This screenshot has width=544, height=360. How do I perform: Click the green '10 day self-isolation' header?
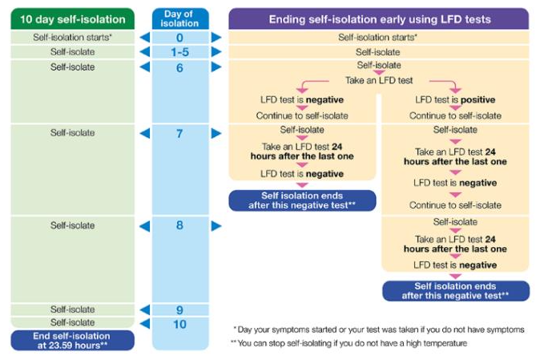pos(73,18)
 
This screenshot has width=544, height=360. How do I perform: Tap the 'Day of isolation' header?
pos(180,18)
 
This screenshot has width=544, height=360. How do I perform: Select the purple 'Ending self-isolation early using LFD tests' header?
pos(379,18)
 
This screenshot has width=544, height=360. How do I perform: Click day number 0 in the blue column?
pos(179,38)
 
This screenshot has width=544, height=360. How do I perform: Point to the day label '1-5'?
pos(179,52)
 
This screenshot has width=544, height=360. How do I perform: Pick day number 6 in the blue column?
pos(179,67)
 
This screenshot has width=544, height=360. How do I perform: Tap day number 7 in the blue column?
pos(179,133)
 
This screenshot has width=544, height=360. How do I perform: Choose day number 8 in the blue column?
pos(179,225)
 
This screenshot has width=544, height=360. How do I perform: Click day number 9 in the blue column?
pos(179,309)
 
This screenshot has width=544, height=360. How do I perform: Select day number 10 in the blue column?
pos(179,324)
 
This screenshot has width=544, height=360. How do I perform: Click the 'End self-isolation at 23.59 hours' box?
pos(73,340)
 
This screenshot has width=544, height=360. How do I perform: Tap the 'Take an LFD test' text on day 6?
pos(379,80)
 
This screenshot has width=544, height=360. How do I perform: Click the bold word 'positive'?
pos(478,99)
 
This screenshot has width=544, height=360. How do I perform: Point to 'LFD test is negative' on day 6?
pos(302,99)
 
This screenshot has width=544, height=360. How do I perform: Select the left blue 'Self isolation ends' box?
pos(302,200)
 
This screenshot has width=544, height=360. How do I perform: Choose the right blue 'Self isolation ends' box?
pos(456,291)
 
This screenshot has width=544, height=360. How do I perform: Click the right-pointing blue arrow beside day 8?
pos(216,226)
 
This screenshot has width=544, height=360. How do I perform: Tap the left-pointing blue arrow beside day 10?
pos(145,324)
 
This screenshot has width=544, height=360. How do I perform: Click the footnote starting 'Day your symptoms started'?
pos(379,330)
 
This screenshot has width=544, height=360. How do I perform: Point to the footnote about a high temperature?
pos(349,343)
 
